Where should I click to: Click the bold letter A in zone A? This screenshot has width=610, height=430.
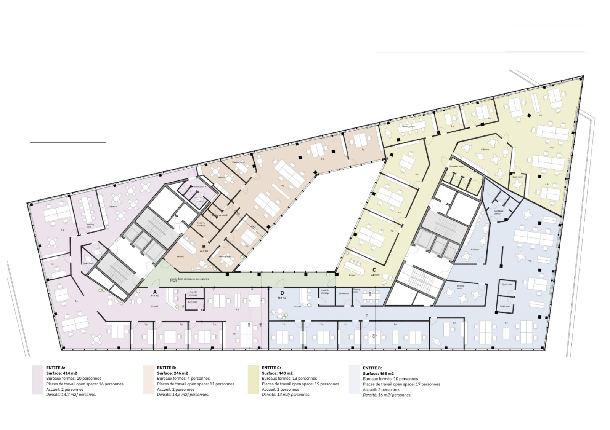(155, 291)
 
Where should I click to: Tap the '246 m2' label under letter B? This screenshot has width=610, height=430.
(204, 251)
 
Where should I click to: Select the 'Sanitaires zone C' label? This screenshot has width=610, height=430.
(457, 166)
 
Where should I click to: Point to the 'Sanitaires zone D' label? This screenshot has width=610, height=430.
(499, 212)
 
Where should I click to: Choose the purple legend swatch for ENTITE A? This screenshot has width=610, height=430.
(38, 379)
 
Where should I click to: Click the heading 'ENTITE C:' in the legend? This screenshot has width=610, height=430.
(271, 368)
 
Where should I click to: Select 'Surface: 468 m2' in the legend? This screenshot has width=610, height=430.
(378, 374)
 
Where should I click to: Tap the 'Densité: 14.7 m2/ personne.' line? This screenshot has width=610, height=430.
(71, 395)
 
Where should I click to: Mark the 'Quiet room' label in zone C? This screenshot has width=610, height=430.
(517, 177)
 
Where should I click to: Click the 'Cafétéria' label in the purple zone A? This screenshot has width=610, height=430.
(113, 207)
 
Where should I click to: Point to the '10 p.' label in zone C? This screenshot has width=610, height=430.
(551, 148)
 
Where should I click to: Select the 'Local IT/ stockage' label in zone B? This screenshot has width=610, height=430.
(201, 224)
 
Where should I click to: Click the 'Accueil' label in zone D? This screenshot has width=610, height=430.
(298, 306)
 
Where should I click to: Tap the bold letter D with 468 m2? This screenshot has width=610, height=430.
(282, 293)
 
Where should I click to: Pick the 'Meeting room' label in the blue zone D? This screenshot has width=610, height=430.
(461, 287)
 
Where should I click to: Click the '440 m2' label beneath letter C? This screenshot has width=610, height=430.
(375, 275)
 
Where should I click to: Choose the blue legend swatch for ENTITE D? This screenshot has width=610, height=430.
(354, 379)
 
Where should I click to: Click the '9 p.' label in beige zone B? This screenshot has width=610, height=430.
(283, 185)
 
